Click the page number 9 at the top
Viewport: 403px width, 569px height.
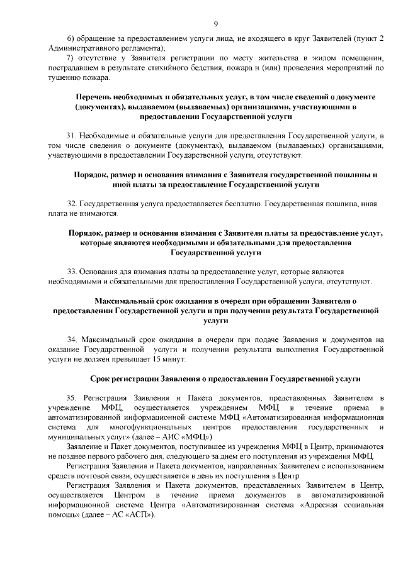tap(215, 24)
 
